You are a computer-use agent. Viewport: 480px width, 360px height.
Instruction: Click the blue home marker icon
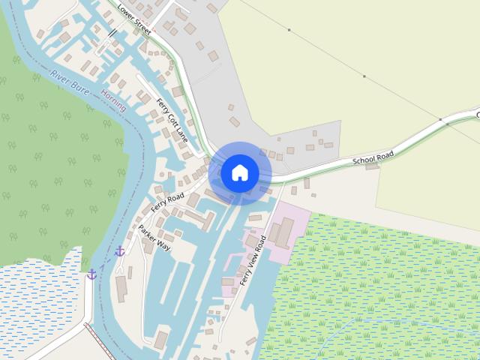click(x=240, y=172)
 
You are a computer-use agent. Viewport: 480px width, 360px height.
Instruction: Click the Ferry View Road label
click(x=253, y=260)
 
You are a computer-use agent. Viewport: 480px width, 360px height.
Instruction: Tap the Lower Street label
click(x=135, y=18)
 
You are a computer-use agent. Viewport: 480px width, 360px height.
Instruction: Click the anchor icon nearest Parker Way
click(x=119, y=250)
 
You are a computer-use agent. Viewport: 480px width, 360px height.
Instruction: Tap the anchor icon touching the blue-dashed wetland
click(x=91, y=274)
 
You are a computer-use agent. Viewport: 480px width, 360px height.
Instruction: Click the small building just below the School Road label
click(x=372, y=166)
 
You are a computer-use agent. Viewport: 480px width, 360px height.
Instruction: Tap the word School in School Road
click(x=364, y=160)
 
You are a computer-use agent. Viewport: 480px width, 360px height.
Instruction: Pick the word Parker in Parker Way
click(x=148, y=235)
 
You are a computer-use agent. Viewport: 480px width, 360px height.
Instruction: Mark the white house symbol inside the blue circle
click(x=240, y=172)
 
